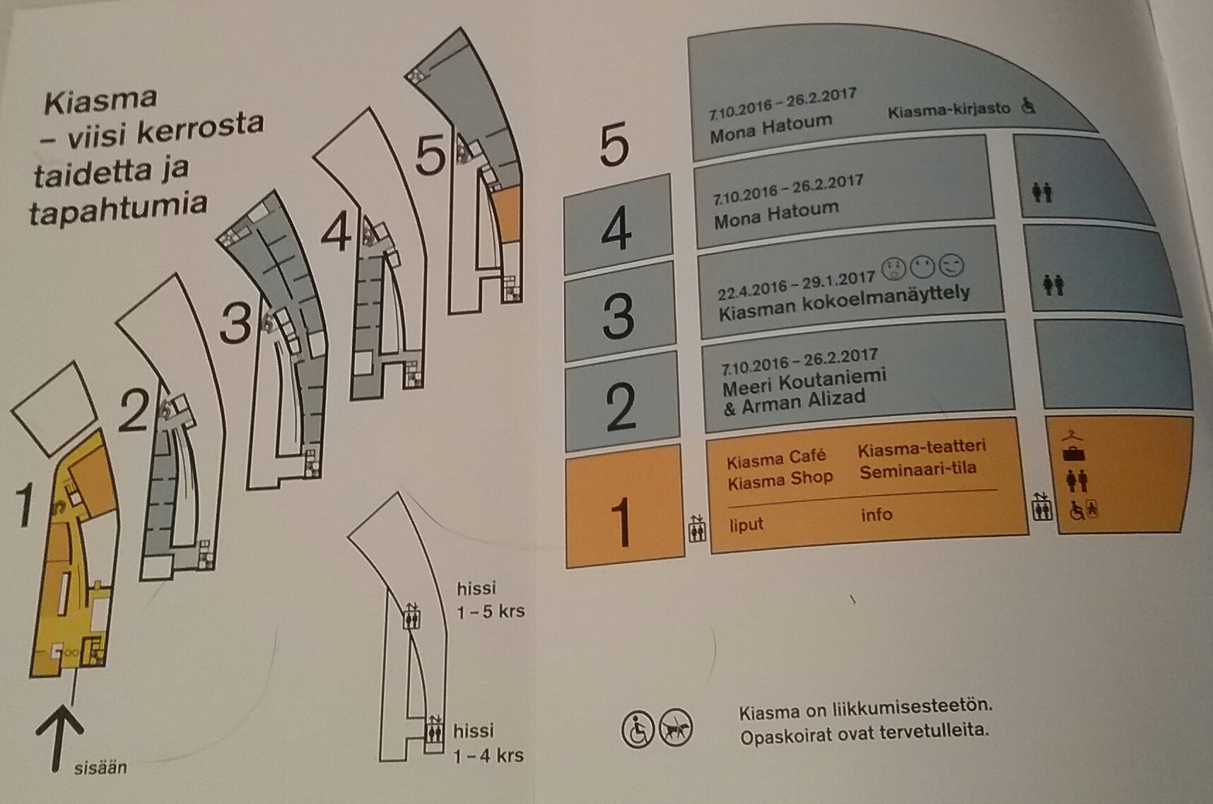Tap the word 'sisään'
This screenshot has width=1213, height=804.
coord(100,767)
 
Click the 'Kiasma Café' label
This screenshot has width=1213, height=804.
coord(775,459)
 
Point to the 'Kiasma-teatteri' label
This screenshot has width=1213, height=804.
coord(921,447)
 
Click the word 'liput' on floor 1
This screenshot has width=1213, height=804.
coord(746,525)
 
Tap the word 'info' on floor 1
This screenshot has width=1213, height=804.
coord(876,514)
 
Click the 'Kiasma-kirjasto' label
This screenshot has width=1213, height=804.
coord(949,110)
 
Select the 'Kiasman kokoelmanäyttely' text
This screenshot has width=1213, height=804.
coord(844,303)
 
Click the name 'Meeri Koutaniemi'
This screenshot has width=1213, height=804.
coord(804,382)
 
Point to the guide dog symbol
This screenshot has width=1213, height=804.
coord(676,729)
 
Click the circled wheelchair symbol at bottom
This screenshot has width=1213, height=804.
coord(638,730)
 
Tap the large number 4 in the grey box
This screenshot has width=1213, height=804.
coord(616,229)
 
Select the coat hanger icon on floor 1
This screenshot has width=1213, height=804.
coord(1073,435)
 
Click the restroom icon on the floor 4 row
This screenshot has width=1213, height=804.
coord(1042,192)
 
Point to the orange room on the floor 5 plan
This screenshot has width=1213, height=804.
coord(506,216)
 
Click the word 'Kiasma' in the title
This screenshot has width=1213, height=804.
coord(100,101)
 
